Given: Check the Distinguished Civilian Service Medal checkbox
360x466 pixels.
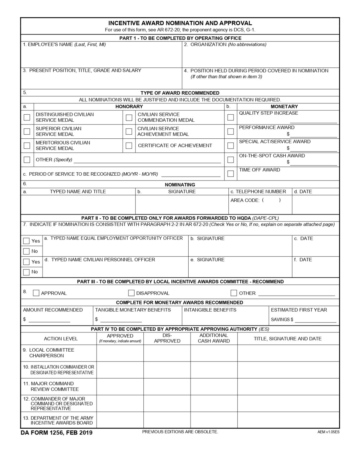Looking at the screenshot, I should (27, 117).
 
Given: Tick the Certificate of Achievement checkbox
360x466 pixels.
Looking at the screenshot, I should (129, 146).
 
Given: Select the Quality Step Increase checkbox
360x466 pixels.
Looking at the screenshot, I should (230, 117).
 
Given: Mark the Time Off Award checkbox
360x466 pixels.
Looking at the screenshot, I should (230, 174).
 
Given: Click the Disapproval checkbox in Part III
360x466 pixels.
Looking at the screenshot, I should (131, 293).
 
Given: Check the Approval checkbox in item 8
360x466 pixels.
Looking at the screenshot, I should (36, 293).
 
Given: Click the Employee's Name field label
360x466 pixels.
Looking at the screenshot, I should (64, 45).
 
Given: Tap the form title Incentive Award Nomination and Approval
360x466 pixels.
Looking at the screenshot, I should (180, 23).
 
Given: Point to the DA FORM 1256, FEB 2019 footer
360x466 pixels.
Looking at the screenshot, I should (56, 433).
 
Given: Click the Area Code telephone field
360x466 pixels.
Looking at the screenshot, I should (271, 200).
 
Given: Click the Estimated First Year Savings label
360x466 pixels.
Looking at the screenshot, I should (299, 310).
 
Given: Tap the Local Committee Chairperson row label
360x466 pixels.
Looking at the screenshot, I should (49, 353).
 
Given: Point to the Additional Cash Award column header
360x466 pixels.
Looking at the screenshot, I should (214, 338).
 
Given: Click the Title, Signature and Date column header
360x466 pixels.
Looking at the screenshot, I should (288, 339).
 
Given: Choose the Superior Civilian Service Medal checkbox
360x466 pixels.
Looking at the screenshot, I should (27, 131).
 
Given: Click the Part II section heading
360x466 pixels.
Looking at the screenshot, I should (180, 218).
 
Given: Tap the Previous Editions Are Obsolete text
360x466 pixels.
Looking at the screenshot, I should (180, 432).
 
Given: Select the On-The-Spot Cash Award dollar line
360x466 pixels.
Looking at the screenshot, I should (314, 162).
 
